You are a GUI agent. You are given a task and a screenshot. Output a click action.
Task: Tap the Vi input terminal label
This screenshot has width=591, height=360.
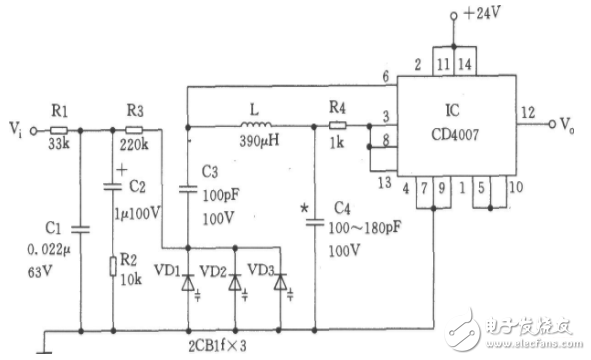tap(15, 129)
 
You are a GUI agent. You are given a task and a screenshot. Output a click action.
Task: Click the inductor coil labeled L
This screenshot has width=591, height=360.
tap(258, 125)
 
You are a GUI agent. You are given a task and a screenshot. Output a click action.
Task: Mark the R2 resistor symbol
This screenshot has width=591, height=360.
tap(114, 267)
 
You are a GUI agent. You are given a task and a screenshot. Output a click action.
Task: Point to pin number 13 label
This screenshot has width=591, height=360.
tap(381, 181)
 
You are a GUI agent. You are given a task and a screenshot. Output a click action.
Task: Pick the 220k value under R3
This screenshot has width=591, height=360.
tap(134, 146)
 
